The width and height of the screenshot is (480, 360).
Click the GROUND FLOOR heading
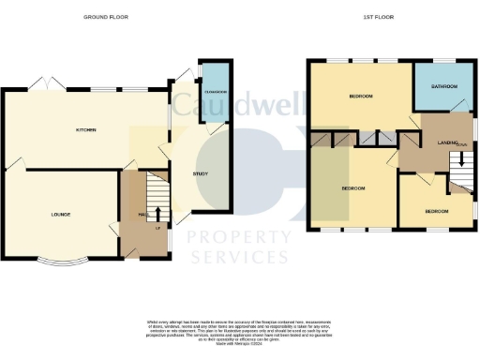(105, 17)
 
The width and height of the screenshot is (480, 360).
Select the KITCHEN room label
(87, 128)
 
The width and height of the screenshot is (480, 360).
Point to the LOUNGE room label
(60, 215)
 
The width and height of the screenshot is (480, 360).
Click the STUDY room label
(200, 172)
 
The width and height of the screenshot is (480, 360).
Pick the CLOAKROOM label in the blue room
(216, 92)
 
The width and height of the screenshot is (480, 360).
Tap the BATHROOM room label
(443, 87)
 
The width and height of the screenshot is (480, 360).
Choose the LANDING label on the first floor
(447, 142)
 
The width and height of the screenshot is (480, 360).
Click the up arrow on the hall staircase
(157, 215)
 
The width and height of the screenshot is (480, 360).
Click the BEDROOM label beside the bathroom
(362, 97)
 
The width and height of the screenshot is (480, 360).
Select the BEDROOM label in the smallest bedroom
(437, 211)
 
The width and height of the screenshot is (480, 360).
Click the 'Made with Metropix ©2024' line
(239, 343)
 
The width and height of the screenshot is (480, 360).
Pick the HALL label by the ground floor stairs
(142, 215)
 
